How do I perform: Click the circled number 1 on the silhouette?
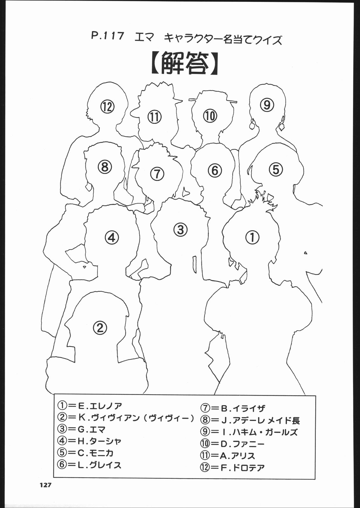click(x=252, y=237)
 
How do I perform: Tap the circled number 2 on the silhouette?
click(x=100, y=328)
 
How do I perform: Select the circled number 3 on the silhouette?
click(x=180, y=229)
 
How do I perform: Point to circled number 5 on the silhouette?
click(x=275, y=169)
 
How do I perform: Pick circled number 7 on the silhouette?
click(x=157, y=174)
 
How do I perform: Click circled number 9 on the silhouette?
click(x=267, y=105)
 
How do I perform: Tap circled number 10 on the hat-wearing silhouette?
click(x=210, y=116)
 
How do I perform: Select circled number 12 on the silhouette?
click(x=108, y=107)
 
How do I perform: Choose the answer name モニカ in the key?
click(x=101, y=453)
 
